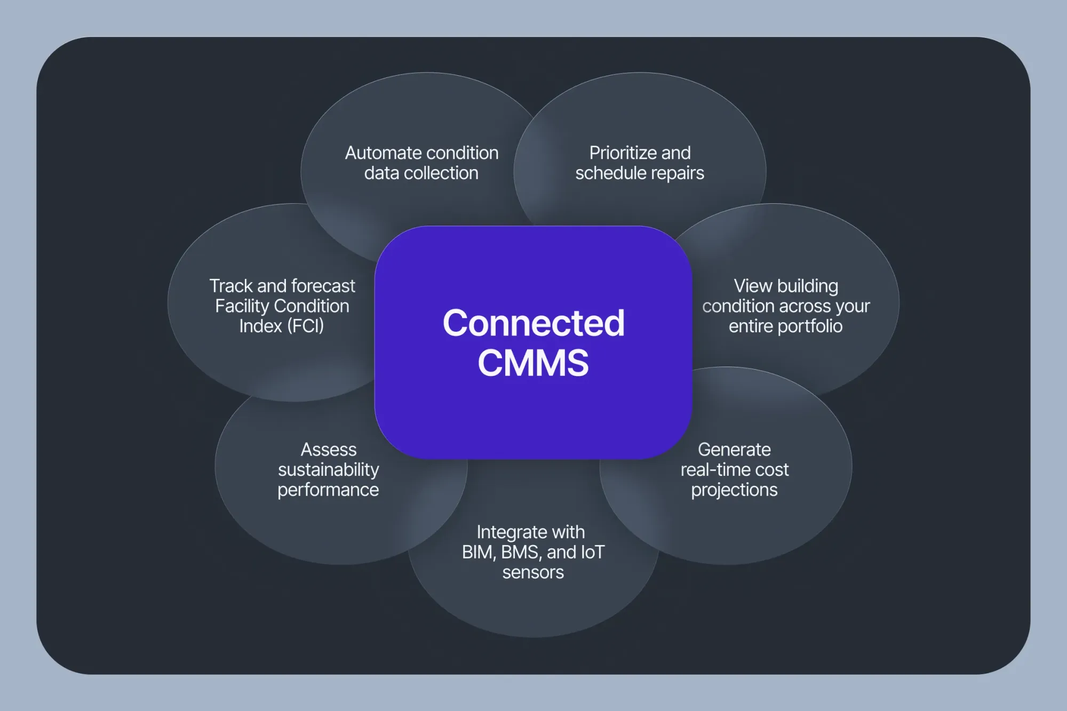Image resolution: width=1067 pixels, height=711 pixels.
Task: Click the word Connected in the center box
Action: pyautogui.click(x=533, y=323)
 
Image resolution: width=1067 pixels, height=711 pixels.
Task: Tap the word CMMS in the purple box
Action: pyautogui.click(x=533, y=363)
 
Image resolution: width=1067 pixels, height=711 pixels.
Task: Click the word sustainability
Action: pyautogui.click(x=328, y=470)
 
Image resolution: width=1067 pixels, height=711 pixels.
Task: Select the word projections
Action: pyautogui.click(x=734, y=490)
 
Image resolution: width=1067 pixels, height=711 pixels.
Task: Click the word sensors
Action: pyautogui.click(x=533, y=572)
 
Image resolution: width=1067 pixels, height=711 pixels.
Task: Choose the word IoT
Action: pyautogui.click(x=591, y=552)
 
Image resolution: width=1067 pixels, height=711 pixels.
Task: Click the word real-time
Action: pyautogui.click(x=714, y=470)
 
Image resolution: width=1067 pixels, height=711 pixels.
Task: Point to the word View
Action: pyautogui.click(x=753, y=286)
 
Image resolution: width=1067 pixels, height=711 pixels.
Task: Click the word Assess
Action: pyautogui.click(x=328, y=450)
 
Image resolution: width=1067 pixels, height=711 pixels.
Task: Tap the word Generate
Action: pyautogui.click(x=734, y=450)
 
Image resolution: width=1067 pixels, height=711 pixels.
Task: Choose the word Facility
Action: pyautogui.click(x=242, y=306)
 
